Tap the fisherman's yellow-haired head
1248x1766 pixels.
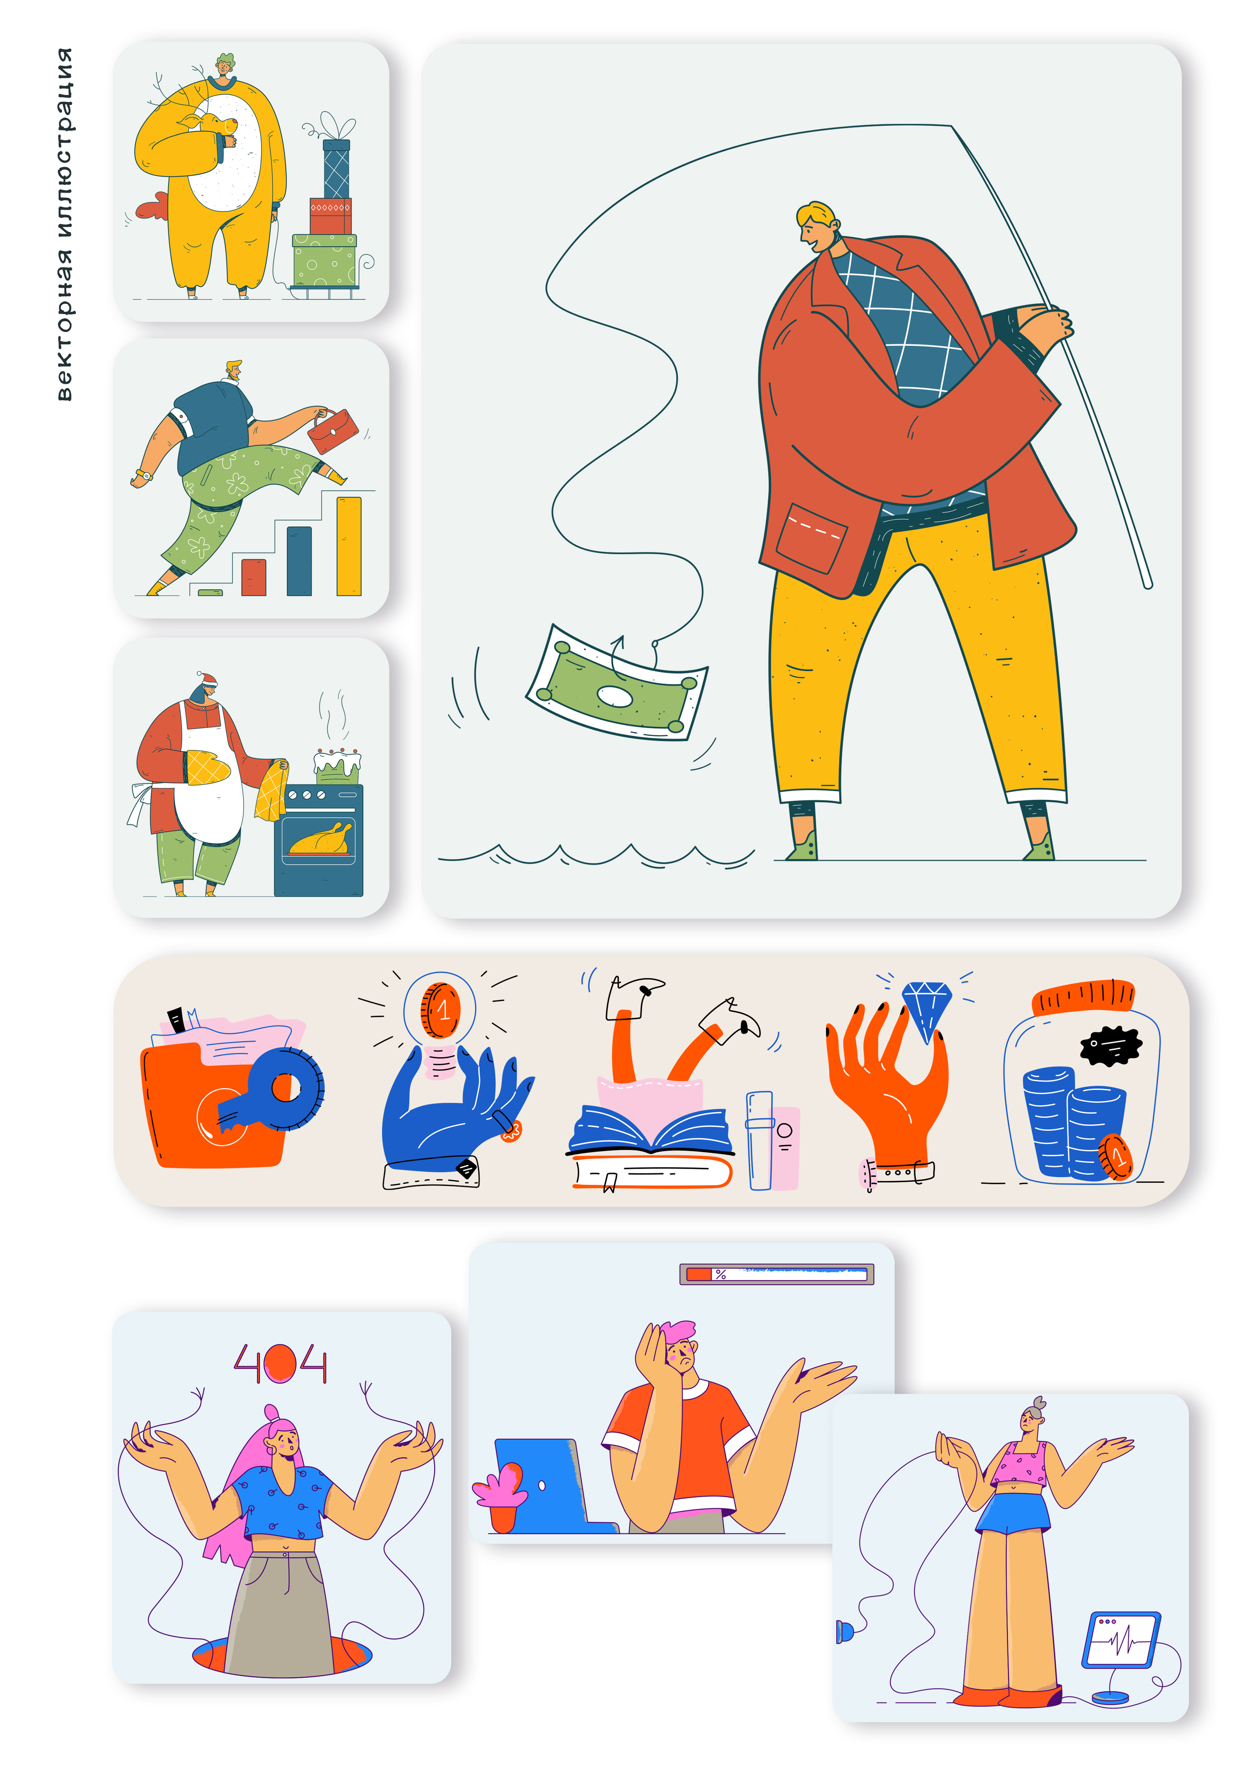pos(817,227)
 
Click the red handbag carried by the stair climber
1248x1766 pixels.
pos(333,432)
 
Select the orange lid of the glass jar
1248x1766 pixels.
pos(1083,998)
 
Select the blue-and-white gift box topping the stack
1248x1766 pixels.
pos(336,169)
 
